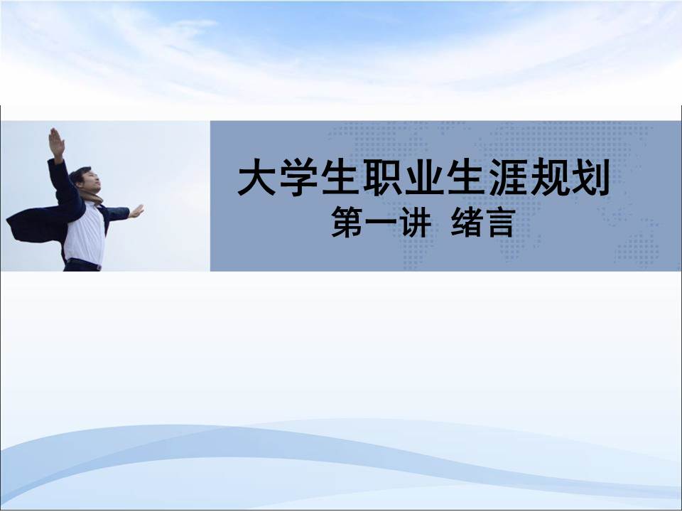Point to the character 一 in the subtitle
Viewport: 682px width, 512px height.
click(x=380, y=224)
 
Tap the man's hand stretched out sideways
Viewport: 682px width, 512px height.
click(x=136, y=211)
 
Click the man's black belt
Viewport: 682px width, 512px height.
click(x=84, y=263)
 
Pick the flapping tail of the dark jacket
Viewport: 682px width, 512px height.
click(x=28, y=224)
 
